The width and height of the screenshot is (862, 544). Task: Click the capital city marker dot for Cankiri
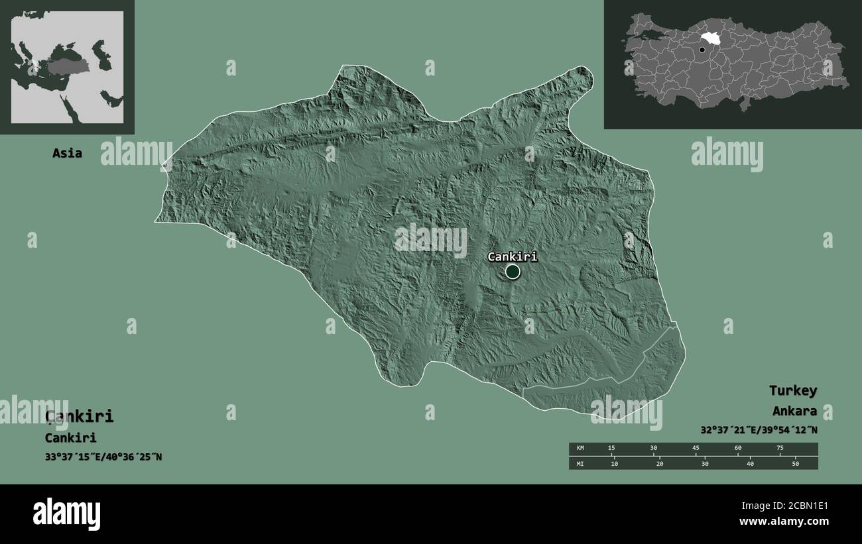[512, 272]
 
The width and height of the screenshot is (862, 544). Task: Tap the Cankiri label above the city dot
[512, 256]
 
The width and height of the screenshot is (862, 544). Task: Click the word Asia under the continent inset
[68, 153]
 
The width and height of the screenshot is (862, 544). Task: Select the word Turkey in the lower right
[792, 390]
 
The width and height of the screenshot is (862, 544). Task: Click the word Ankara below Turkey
[794, 411]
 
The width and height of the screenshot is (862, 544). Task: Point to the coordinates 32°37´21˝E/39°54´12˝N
[758, 430]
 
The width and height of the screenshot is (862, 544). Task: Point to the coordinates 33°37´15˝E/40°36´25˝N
[103, 457]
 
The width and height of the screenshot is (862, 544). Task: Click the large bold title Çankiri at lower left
[79, 416]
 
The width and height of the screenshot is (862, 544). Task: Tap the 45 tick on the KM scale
[696, 449]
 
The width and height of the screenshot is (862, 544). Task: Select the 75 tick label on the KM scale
[780, 449]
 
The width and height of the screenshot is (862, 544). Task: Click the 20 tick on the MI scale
[659, 463]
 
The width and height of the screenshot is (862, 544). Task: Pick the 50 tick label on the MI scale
[795, 463]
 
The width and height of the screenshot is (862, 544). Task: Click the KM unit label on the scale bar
[580, 449]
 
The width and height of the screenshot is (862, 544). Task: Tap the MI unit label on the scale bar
[580, 463]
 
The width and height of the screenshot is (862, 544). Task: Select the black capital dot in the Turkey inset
[702, 50]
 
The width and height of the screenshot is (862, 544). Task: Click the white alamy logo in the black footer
[66, 514]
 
